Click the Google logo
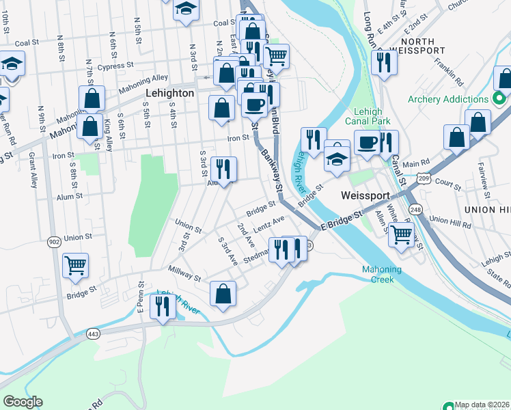pyautogui.click(x=23, y=402)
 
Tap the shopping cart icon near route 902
pyautogui.click(x=75, y=265)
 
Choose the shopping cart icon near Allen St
pyautogui.click(x=402, y=234)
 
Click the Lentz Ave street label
pyautogui.click(x=268, y=223)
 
